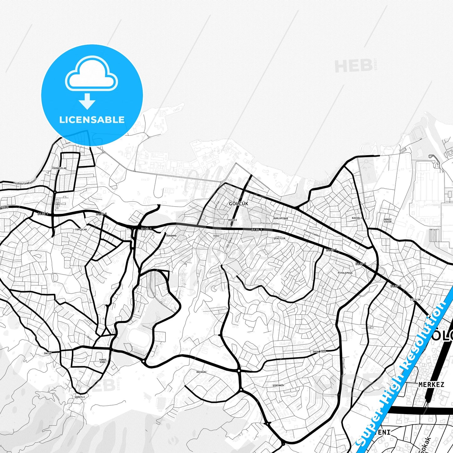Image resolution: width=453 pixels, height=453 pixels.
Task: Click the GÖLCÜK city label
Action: [238, 204]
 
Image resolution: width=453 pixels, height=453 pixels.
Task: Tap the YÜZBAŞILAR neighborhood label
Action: [59, 168]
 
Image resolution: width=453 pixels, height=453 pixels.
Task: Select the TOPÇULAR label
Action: [81, 229]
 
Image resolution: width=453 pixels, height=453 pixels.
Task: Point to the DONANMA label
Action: [171, 235]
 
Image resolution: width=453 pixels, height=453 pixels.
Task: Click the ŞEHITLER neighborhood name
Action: [279, 238]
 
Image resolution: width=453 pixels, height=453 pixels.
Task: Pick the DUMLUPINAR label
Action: [281, 218]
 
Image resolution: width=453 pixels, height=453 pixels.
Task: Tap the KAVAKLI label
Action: [357, 218]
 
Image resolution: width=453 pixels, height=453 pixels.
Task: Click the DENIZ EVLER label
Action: [388, 221]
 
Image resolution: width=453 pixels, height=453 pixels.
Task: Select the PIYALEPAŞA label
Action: [345, 273]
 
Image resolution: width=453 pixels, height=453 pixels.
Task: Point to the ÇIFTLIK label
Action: [415, 300]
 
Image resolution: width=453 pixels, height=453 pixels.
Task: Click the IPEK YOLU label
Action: [319, 352]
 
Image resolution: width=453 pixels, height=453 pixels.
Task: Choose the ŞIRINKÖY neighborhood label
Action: [278, 385]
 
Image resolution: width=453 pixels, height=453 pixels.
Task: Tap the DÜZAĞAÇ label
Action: [201, 372]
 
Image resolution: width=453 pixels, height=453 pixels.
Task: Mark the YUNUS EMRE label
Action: [103, 361]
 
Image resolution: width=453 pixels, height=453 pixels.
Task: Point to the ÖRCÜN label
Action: [48, 353]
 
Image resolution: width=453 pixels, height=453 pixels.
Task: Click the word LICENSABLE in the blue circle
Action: [92, 120]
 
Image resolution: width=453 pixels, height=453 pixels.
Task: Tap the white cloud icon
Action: [92, 75]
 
